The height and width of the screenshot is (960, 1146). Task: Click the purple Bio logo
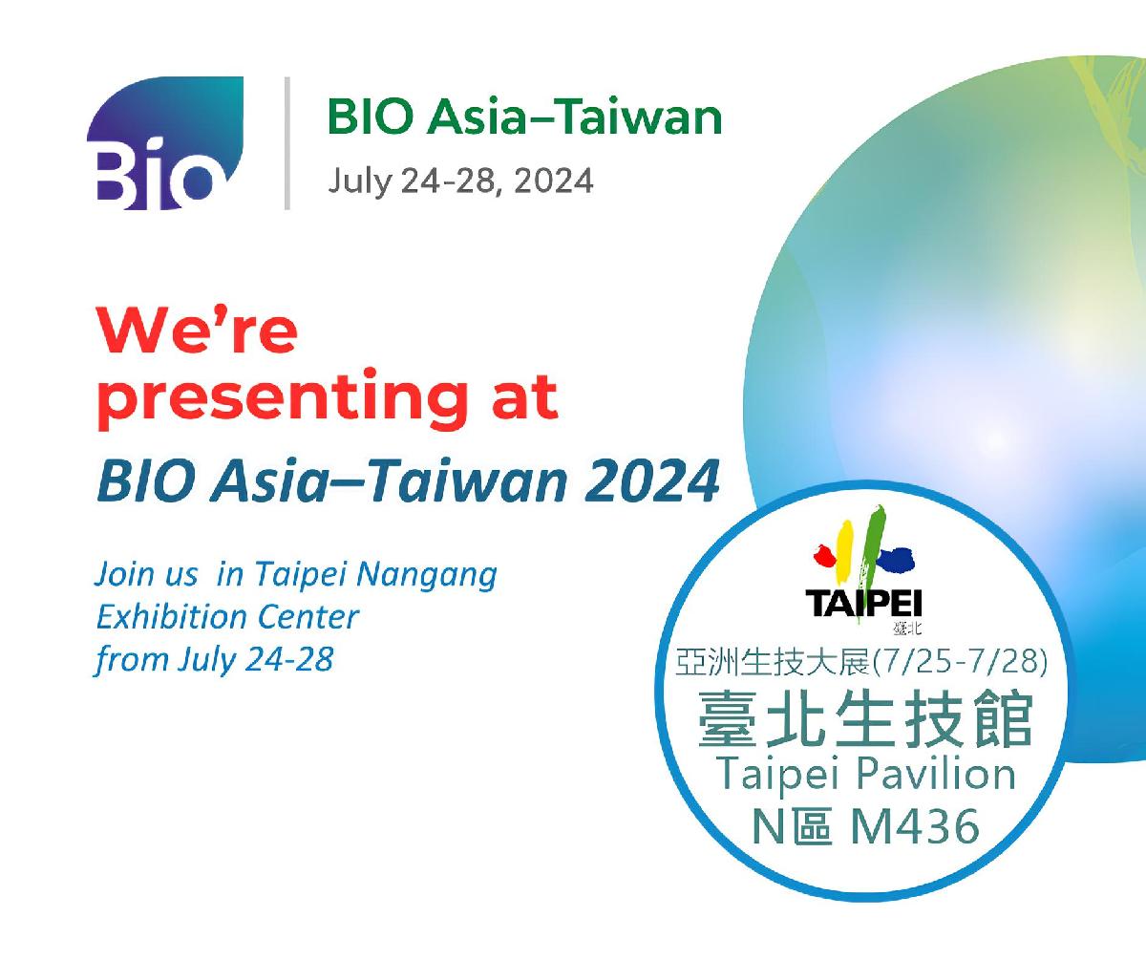pos(164,142)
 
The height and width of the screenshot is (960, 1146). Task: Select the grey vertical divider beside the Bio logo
pos(286,143)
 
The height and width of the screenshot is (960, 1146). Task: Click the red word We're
pos(197,330)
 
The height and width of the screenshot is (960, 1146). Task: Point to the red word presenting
pos(284,397)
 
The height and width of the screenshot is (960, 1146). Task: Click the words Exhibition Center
pos(227,617)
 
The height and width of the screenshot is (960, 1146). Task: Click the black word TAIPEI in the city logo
pos(863,604)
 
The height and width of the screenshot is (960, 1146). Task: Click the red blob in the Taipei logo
pos(824,556)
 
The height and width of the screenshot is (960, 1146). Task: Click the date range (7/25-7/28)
pos(960,661)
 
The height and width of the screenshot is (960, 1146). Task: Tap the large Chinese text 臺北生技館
pos(865,719)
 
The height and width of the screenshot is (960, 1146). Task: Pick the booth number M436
pos(914,826)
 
